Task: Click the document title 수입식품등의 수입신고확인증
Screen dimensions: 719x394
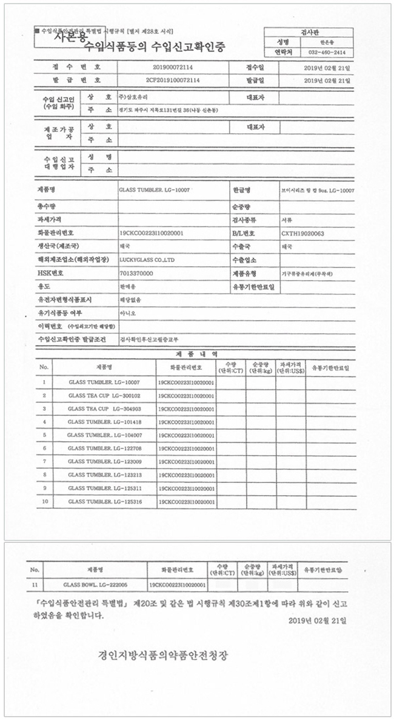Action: pyautogui.click(x=154, y=47)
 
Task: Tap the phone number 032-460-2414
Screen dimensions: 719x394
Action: pyautogui.click(x=327, y=53)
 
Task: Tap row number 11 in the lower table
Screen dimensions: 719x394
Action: pyautogui.click(x=35, y=585)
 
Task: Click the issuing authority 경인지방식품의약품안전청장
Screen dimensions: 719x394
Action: pyautogui.click(x=164, y=655)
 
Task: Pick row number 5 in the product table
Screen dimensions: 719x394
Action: pyautogui.click(x=44, y=435)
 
